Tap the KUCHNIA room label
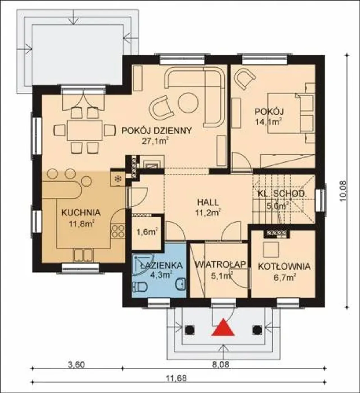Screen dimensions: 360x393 point(81,213)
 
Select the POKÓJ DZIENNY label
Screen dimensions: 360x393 point(156,131)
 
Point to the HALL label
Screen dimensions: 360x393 point(208,202)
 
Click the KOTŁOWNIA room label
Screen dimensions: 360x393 point(284,267)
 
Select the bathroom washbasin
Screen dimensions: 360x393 point(181,283)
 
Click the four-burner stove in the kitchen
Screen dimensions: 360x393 point(118,231)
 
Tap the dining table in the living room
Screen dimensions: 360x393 point(84,131)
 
